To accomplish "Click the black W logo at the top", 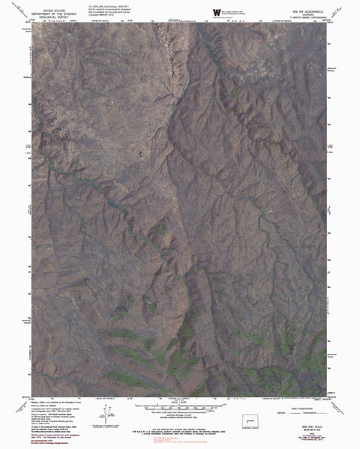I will point(217,12).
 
